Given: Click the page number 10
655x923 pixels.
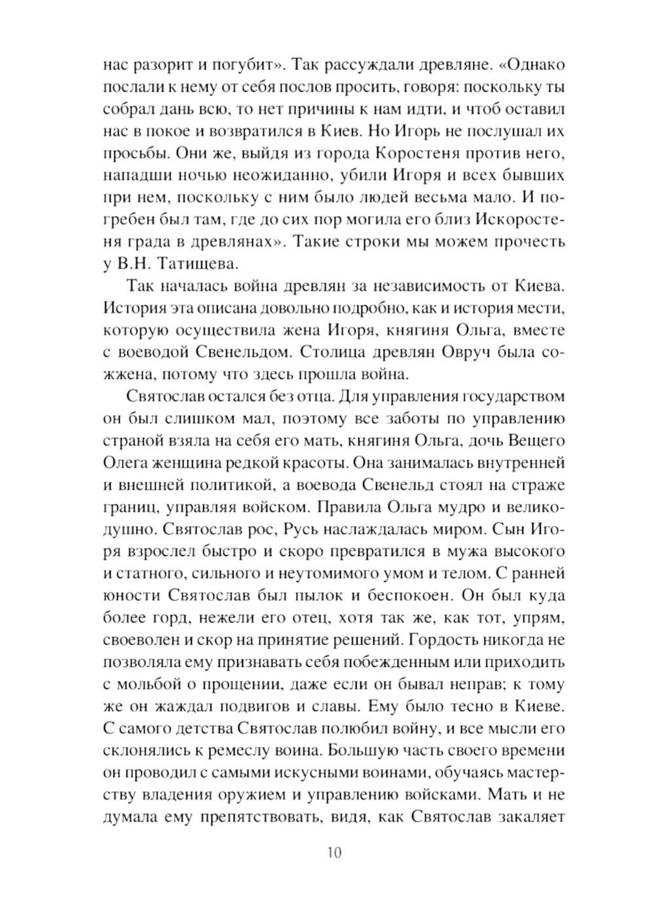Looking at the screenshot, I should (x=333, y=852).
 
